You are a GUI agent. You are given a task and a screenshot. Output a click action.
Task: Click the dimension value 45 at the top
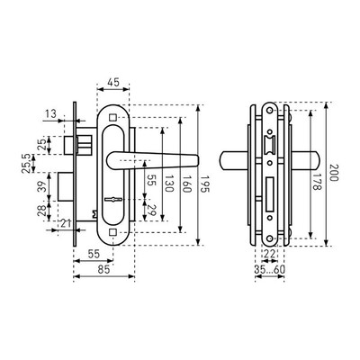click(113, 82)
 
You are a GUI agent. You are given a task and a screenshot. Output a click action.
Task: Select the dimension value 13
click(51, 114)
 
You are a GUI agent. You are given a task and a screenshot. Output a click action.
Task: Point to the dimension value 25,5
click(26, 164)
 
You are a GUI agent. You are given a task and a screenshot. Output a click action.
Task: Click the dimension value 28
click(43, 211)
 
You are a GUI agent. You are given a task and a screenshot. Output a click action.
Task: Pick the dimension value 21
click(67, 223)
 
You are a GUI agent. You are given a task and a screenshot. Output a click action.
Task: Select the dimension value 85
click(103, 270)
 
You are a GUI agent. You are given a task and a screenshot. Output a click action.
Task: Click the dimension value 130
click(169, 184)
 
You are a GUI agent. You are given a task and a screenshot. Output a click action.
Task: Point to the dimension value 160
click(187, 184)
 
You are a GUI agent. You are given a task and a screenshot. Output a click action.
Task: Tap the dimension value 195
click(205, 184)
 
